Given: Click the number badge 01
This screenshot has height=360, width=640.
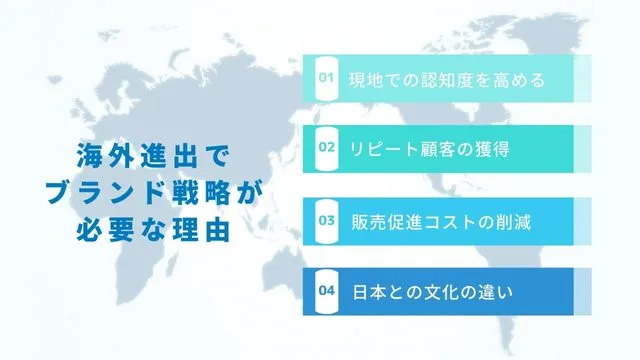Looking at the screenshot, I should (x=325, y=78).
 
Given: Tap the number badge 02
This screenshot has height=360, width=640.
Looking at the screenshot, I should (x=325, y=148).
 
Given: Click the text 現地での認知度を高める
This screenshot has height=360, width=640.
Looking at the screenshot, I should (x=446, y=79).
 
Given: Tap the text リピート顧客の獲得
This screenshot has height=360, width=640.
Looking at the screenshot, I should (x=429, y=149).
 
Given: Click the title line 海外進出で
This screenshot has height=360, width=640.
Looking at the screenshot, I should (x=153, y=157).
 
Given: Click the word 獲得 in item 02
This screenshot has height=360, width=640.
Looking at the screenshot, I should (x=494, y=149).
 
